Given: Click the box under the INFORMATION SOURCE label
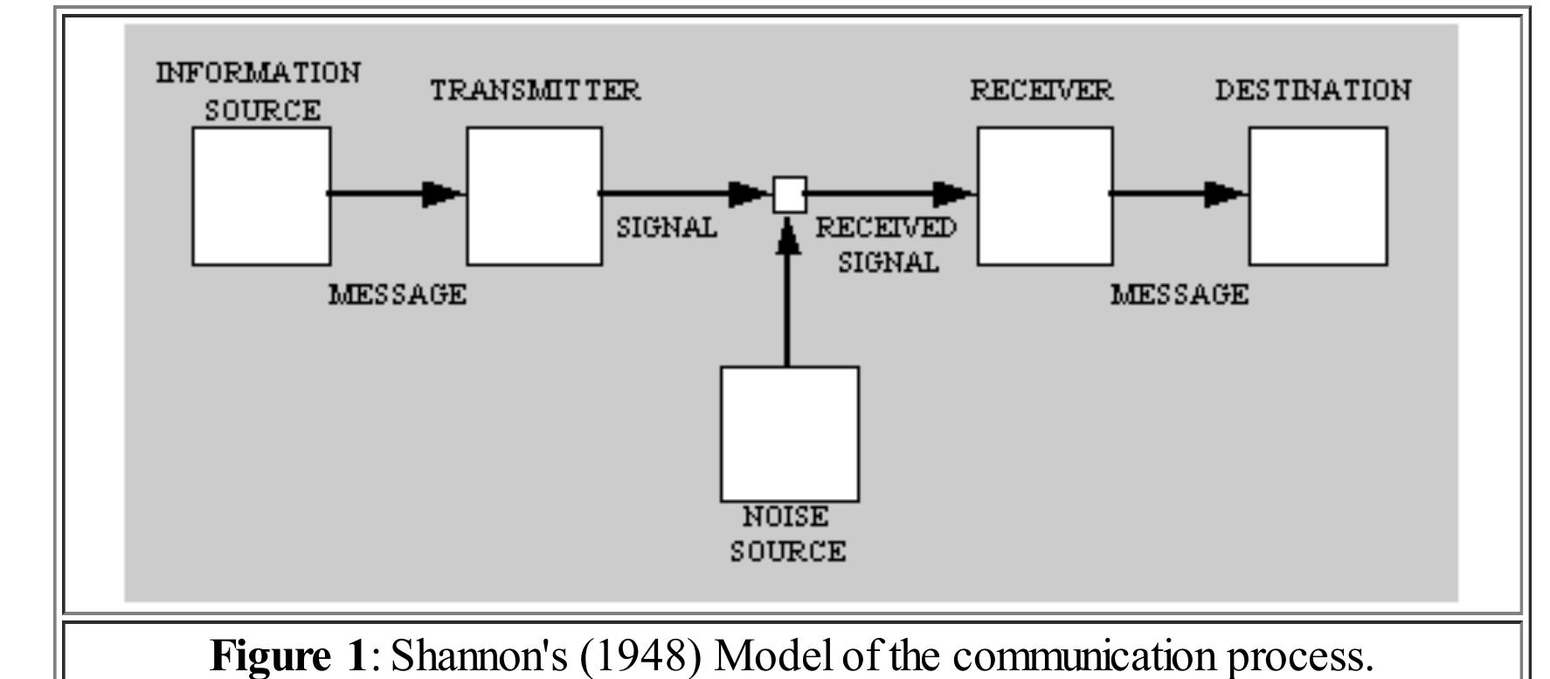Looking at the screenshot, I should pos(261,196).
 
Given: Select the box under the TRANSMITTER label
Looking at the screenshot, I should pos(534,196).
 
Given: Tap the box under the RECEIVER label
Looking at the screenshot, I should pos(1044,196).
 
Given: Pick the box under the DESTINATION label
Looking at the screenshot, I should pos(1317,196).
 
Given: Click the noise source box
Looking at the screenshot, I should pos(789,433).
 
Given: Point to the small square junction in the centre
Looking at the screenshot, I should pos(790,194).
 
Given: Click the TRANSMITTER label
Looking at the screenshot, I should pos(535,90).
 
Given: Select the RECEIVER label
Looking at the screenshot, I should pos(1041,90).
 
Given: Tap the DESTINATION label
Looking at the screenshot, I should pos(1312,90).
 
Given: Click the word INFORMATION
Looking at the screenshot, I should pos(258,73).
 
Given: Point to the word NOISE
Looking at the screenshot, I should pos(785,517).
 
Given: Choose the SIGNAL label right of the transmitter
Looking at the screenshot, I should pos(667,227).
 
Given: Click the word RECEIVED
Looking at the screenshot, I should pos(885,228).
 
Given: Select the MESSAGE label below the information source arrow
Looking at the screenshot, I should pos(397,294).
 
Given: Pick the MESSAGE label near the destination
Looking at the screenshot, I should pos(1179,294).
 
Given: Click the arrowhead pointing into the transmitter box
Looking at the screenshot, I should pos(442,194).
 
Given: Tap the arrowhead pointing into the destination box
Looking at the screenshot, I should pos(1224,194).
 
